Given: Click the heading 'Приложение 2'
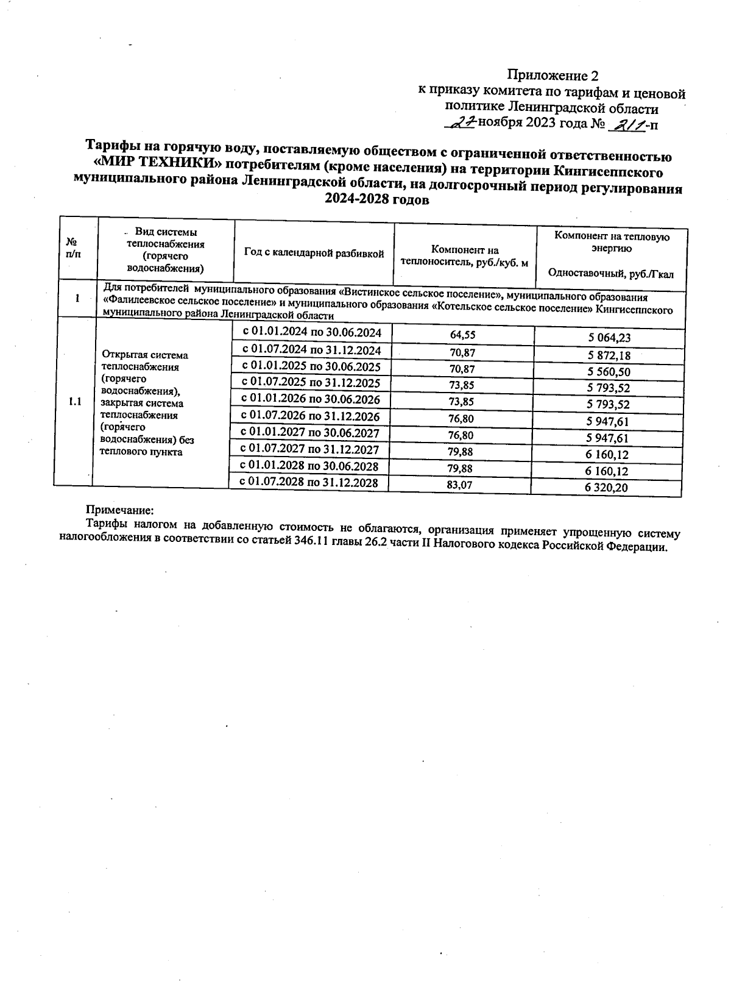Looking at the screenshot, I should click(x=553, y=76).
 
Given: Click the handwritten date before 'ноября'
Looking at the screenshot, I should click(x=462, y=124).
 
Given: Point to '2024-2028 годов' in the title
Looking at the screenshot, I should click(x=377, y=199).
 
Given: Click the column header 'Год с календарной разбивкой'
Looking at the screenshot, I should click(x=314, y=253).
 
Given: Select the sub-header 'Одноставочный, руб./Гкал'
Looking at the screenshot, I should click(x=610, y=274).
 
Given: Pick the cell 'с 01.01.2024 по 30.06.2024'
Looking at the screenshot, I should click(x=311, y=333).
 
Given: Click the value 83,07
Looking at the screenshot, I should click(x=459, y=485).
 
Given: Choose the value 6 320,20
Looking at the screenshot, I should click(x=606, y=488).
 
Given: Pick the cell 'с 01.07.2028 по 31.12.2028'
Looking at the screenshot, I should click(x=309, y=482).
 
